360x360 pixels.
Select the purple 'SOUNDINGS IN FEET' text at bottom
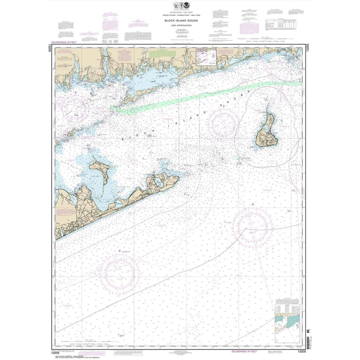(x=243, y=351)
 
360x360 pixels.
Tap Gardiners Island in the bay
(x=99, y=168)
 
